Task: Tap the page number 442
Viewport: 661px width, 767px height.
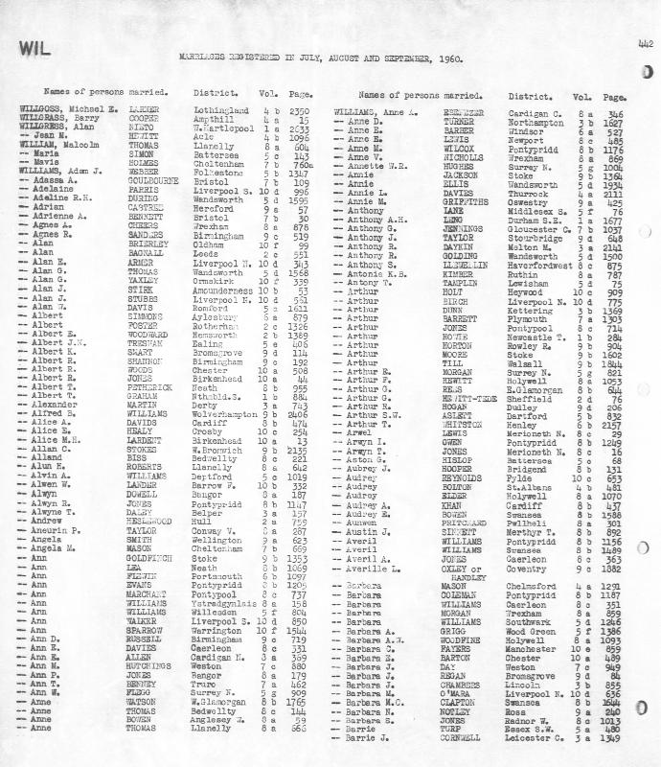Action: coord(642,42)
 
